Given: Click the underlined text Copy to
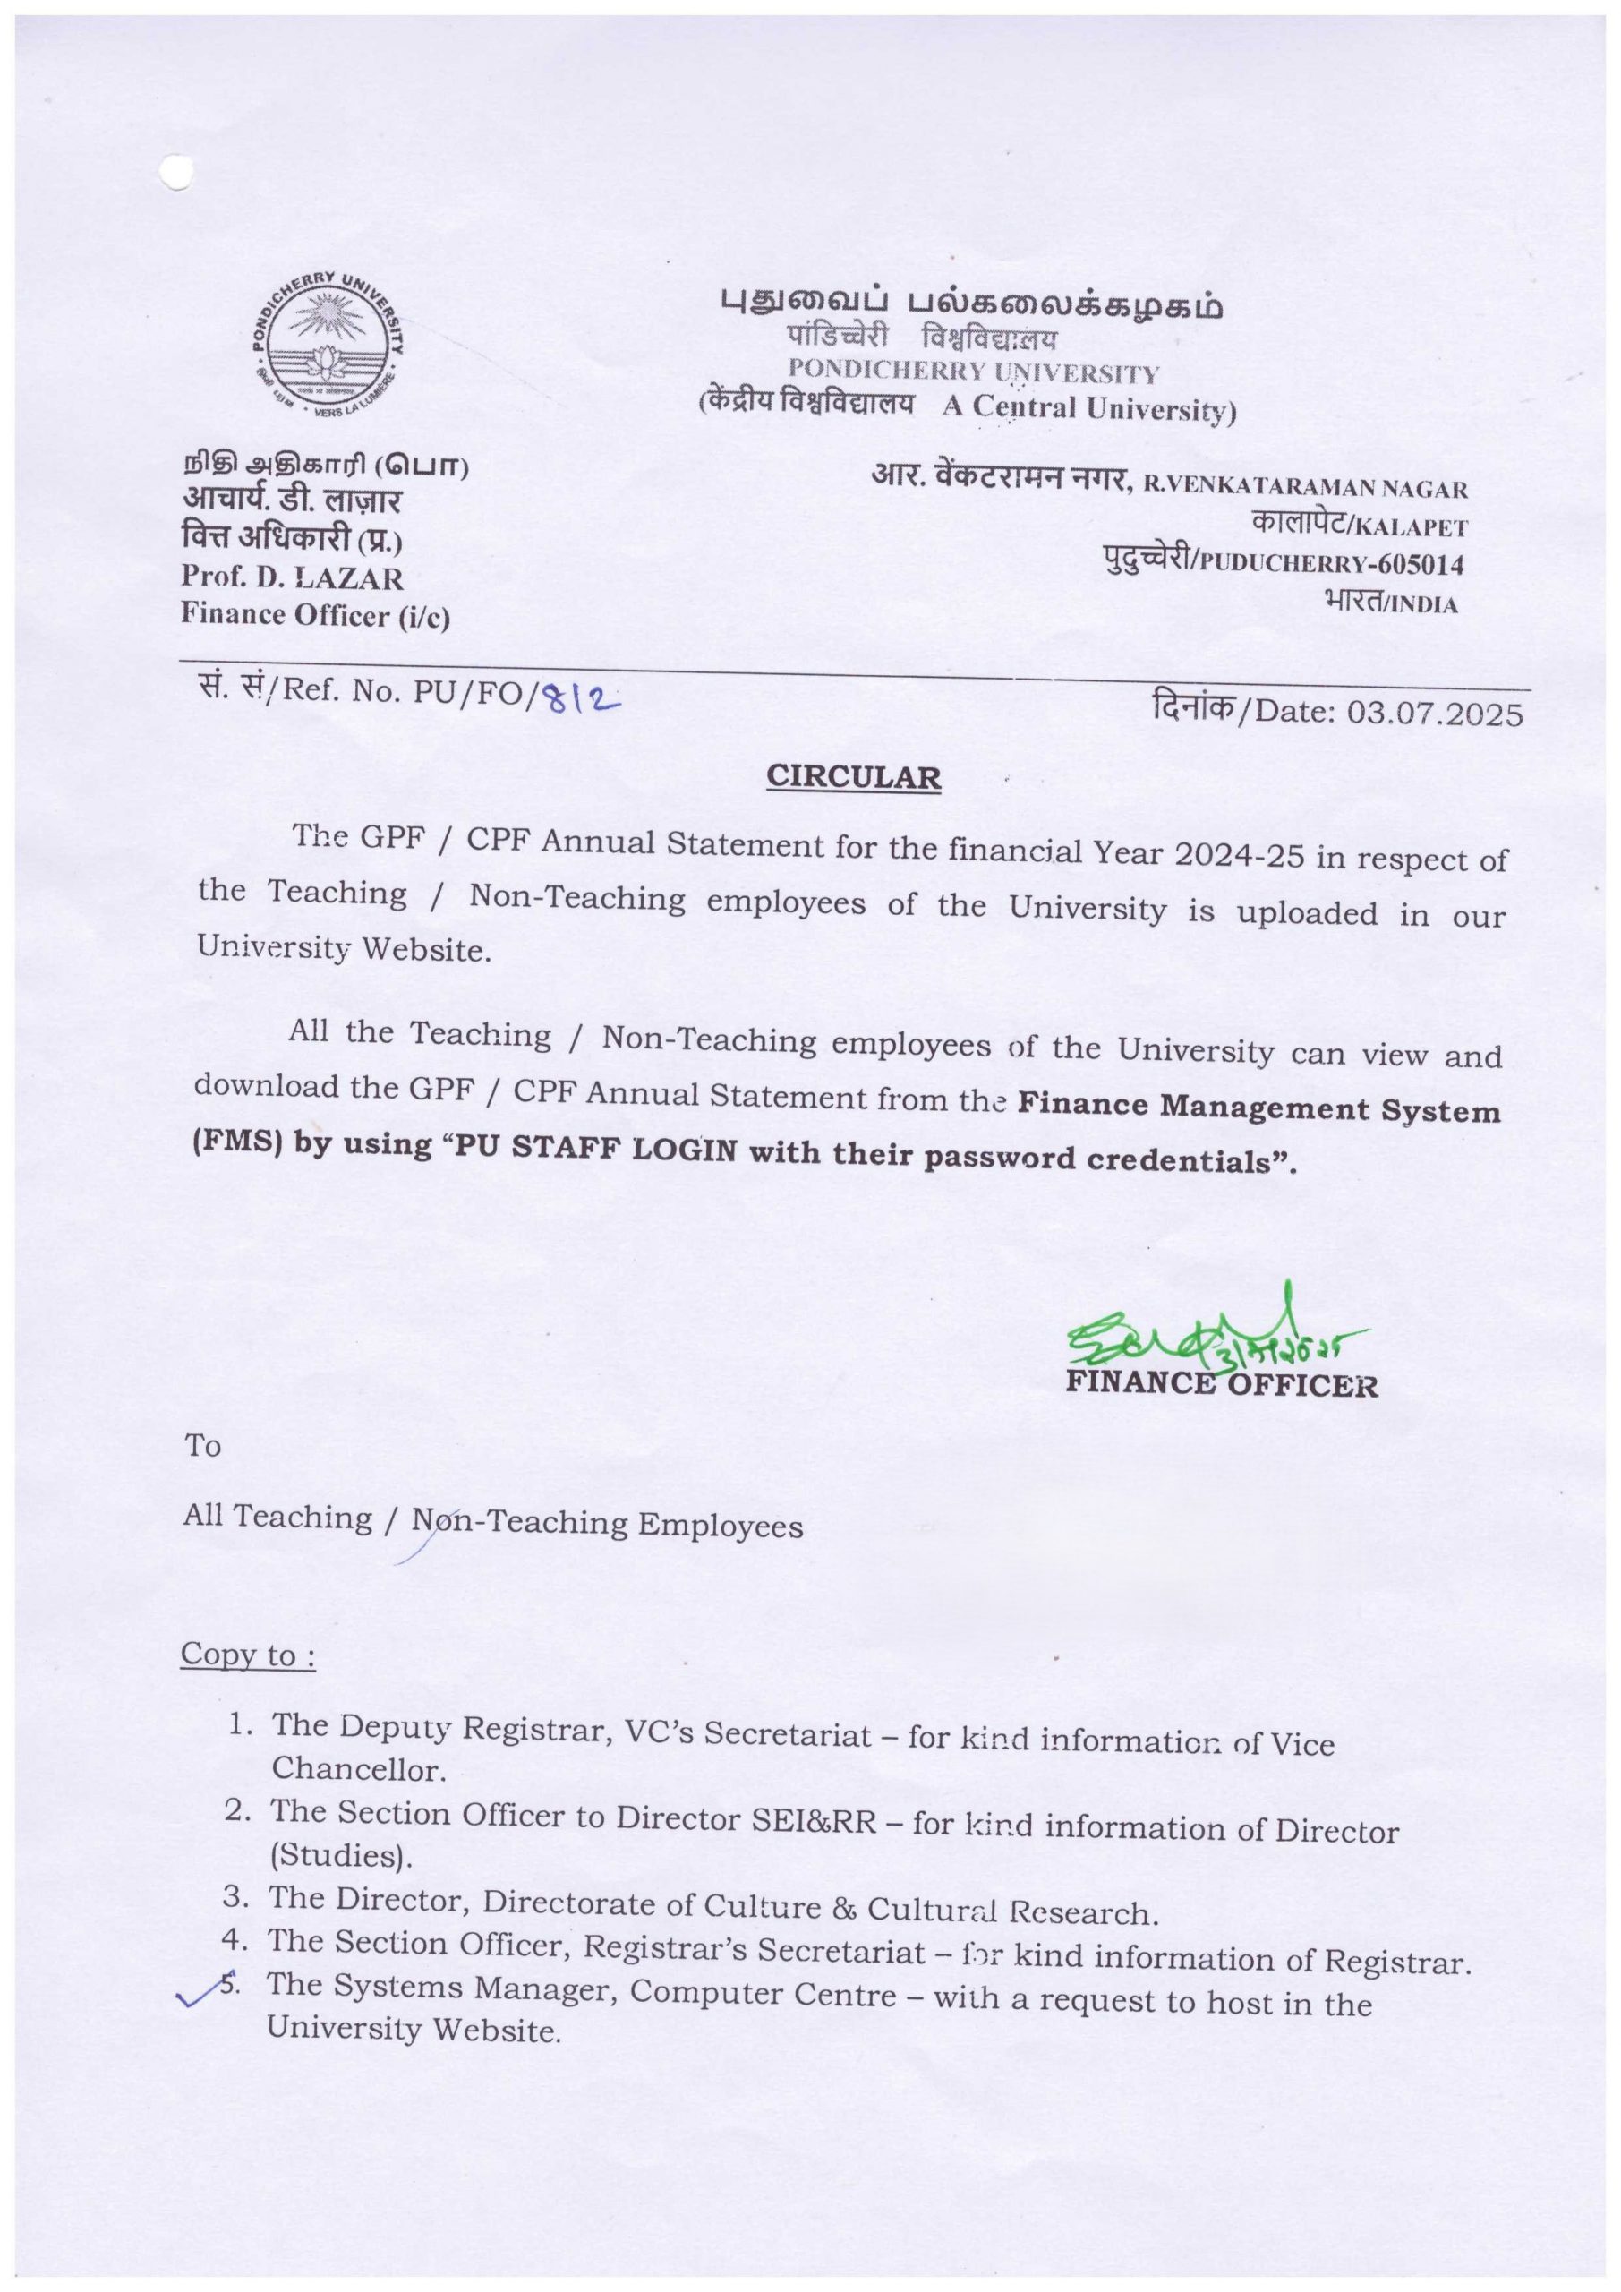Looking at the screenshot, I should (248, 1655).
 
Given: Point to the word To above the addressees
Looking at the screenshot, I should (202, 1444).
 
